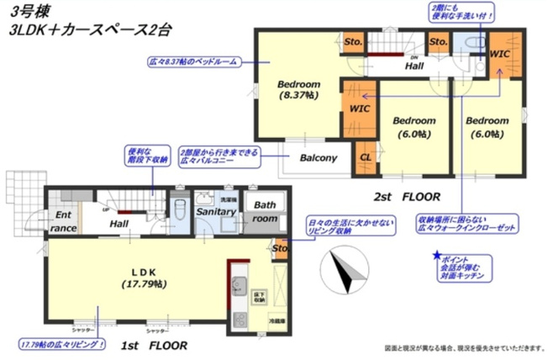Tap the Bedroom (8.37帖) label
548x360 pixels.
click(297, 91)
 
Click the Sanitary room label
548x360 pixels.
click(216, 212)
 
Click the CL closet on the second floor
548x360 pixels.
click(366, 157)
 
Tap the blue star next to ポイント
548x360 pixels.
click(436, 255)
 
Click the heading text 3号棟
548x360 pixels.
click(26, 13)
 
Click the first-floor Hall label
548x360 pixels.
click(119, 224)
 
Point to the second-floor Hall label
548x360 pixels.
click(414, 65)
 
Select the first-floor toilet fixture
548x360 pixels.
click(178, 210)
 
